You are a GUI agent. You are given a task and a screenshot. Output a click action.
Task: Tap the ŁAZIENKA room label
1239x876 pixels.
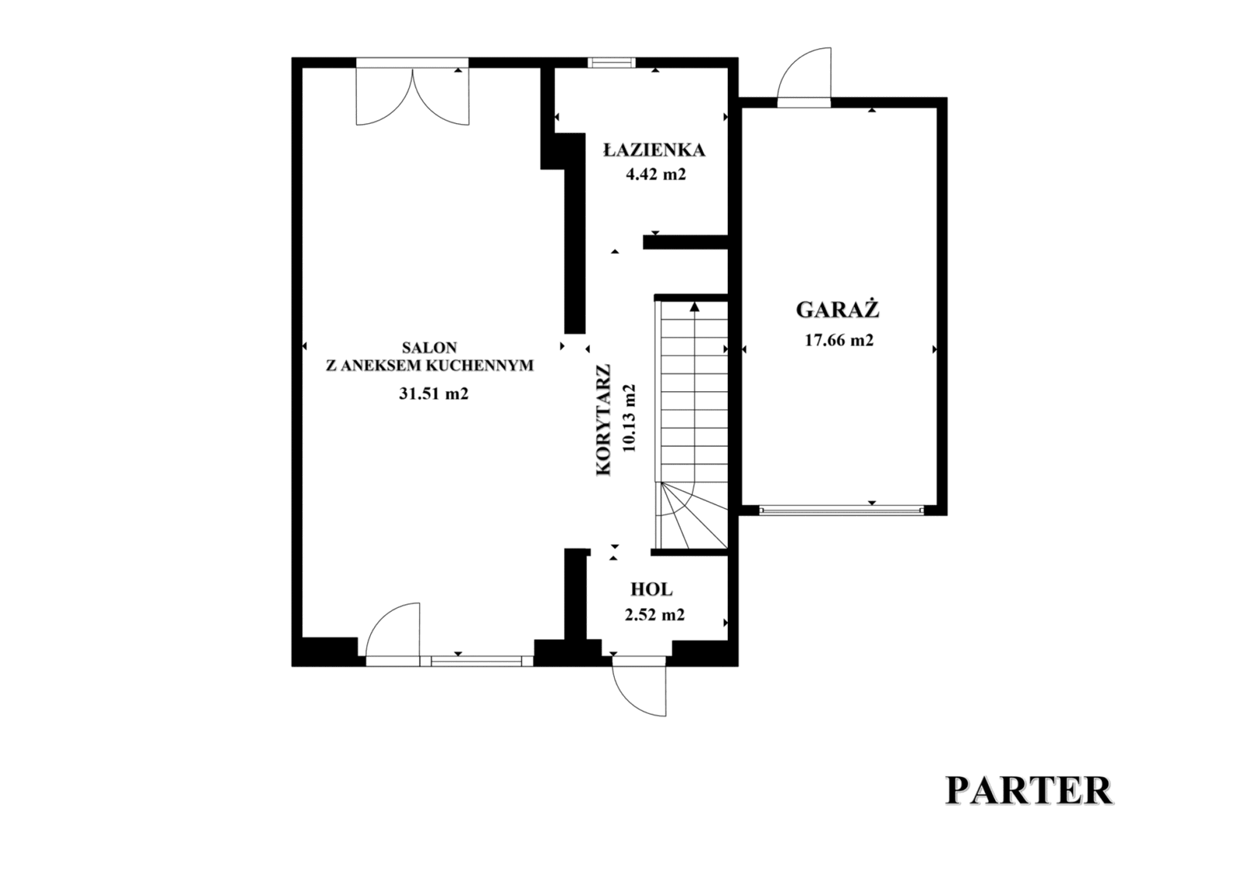click(x=654, y=150)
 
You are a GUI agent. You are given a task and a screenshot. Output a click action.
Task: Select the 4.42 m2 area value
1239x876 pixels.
click(x=655, y=175)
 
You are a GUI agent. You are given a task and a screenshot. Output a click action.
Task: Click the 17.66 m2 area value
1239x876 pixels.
click(x=839, y=340)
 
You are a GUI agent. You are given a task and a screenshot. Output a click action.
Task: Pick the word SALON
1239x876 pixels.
click(x=429, y=348)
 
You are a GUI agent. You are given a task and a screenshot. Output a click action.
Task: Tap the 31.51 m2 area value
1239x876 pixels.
click(x=434, y=393)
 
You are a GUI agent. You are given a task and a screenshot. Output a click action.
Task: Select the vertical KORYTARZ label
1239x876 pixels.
click(x=603, y=420)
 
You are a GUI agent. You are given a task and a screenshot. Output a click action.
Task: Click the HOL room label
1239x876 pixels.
click(x=651, y=589)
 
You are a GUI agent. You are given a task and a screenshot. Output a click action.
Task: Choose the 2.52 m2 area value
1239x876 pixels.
click(x=655, y=614)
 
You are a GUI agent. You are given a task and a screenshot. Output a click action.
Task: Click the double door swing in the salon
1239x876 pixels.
click(x=413, y=94)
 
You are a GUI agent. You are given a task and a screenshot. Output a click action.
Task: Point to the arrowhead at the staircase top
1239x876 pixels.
click(x=695, y=306)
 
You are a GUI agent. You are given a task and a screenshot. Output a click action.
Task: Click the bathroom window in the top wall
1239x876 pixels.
click(x=611, y=63)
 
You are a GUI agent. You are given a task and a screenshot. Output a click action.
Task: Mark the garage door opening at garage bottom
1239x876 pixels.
click(x=841, y=510)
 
